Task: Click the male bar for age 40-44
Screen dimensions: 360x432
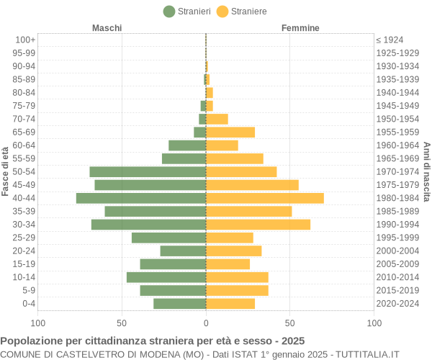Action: pos(141,198)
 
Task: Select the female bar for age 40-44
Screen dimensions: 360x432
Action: pos(265,198)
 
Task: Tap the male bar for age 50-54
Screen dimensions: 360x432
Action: pos(148,171)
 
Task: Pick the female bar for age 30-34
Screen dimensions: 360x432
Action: pos(258,225)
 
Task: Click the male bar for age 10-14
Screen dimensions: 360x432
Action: pos(166,277)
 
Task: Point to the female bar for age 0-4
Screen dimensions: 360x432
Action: pos(230,304)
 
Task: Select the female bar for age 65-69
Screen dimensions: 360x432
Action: pos(230,132)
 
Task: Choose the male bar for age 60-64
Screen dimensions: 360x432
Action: pos(187,145)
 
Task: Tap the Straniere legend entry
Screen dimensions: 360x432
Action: pos(241,11)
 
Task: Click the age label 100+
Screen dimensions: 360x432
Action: pos(25,40)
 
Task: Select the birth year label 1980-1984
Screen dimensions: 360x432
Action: pos(397,198)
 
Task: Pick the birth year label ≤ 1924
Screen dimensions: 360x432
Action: pos(390,40)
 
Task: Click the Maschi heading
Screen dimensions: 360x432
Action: pos(107,28)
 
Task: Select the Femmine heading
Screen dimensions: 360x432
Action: pos(300,28)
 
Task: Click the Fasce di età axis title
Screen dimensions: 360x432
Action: pos(6,171)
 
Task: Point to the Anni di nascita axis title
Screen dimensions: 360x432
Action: pos(426,171)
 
